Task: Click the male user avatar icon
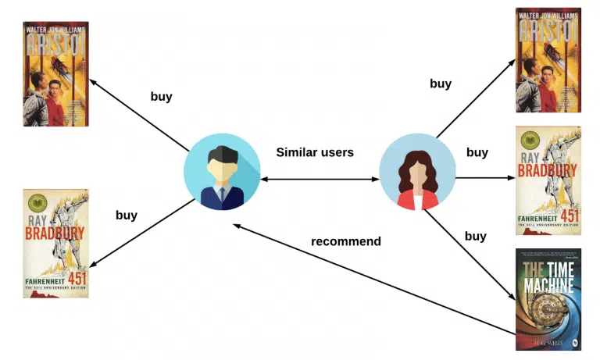pos(222,172)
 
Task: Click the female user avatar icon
pos(417,172)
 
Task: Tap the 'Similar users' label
pos(315,152)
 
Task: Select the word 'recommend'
pos(346,241)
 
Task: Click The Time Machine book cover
pos(548,299)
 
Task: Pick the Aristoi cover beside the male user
pos(55,74)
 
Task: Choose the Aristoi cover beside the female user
pos(548,61)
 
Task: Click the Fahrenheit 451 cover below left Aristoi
pos(55,243)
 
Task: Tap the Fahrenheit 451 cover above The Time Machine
pos(548,180)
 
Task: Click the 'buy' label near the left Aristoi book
pos(161,98)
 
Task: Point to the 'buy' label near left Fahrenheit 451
pos(127,215)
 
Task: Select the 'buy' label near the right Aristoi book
pos(441,84)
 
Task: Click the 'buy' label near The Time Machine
pos(476,236)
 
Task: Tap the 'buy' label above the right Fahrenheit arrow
pos(477,152)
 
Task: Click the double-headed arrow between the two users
pos(320,180)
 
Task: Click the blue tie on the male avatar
pos(222,194)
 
